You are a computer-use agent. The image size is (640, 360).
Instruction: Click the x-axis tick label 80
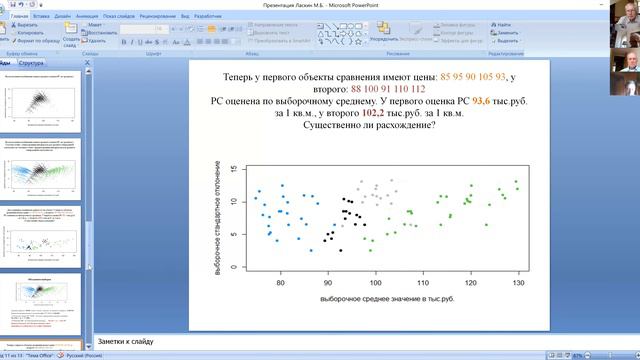coord(281,283)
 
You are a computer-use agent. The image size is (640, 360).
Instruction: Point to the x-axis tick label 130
coord(518,283)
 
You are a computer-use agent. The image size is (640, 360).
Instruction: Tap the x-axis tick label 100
coord(376,283)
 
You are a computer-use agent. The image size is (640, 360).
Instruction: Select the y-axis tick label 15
coord(233,169)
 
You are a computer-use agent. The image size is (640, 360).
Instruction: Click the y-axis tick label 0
coord(233,267)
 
